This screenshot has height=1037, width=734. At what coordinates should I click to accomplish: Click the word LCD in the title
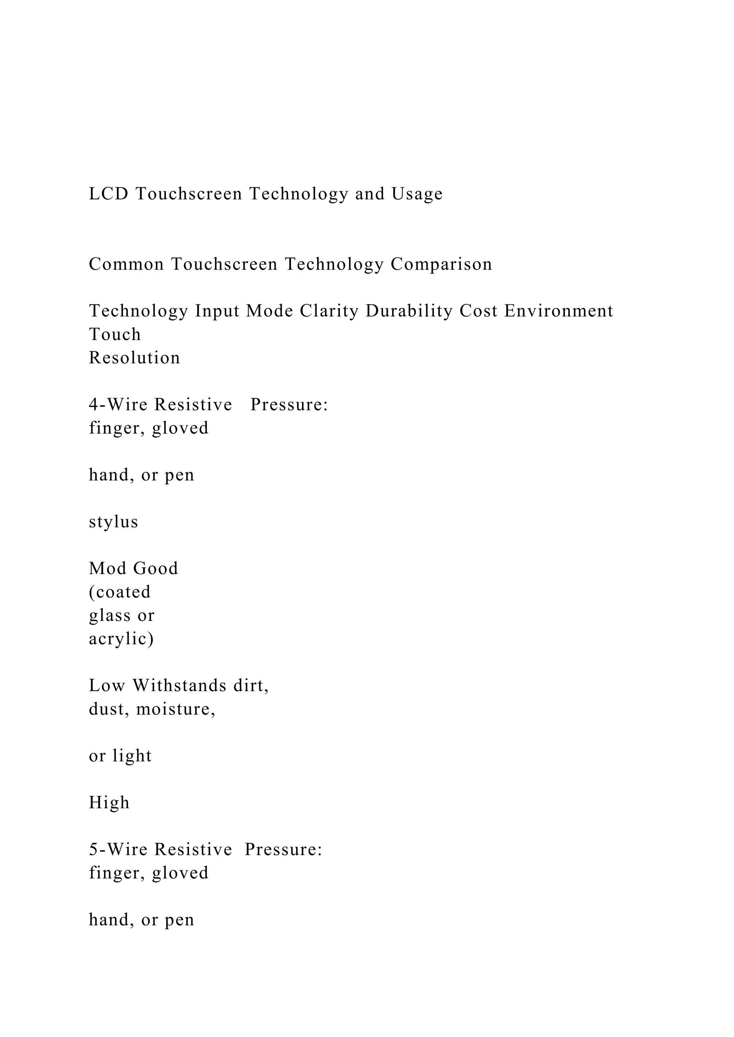point(109,194)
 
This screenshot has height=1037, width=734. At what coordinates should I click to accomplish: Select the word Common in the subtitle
point(126,264)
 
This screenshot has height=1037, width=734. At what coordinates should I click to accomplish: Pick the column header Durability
point(409,312)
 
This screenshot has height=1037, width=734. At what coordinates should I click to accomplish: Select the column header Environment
point(559,311)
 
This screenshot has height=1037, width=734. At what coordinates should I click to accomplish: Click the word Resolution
point(134,358)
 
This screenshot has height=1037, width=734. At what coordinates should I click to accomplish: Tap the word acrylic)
point(121,640)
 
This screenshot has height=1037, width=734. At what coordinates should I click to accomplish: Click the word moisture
point(175,710)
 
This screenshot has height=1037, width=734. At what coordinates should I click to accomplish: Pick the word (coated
point(120,592)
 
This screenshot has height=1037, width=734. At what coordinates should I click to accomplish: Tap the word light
point(132,756)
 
